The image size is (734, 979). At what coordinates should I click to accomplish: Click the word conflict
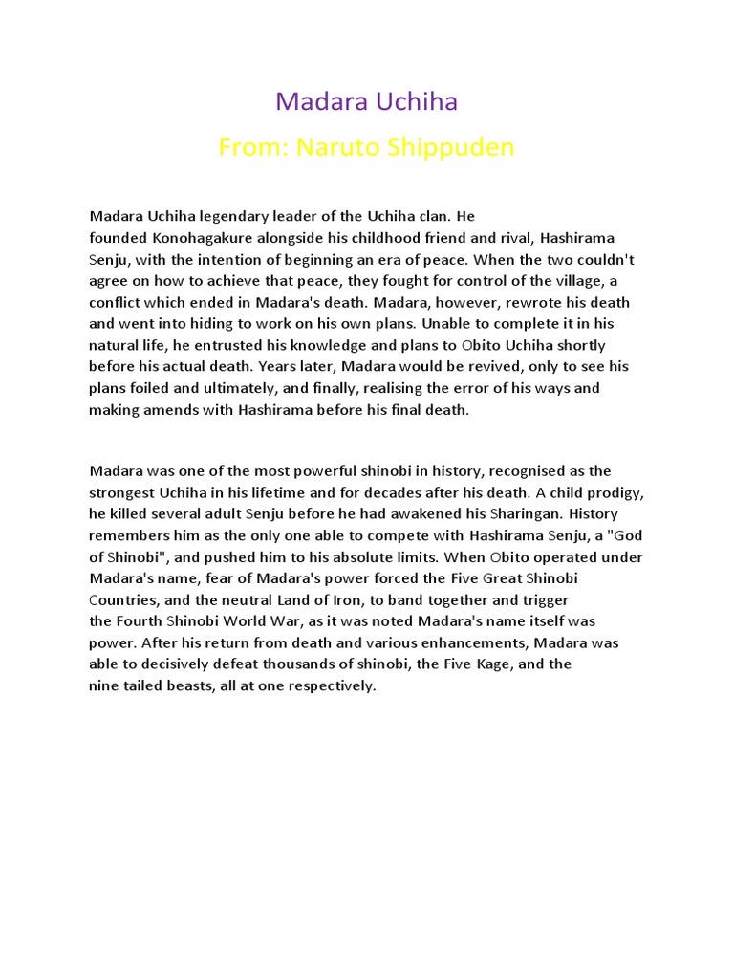pyautogui.click(x=115, y=302)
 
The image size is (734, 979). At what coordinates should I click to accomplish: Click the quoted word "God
pyautogui.click(x=624, y=535)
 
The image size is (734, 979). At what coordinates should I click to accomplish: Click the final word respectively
pyautogui.click(x=327, y=686)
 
